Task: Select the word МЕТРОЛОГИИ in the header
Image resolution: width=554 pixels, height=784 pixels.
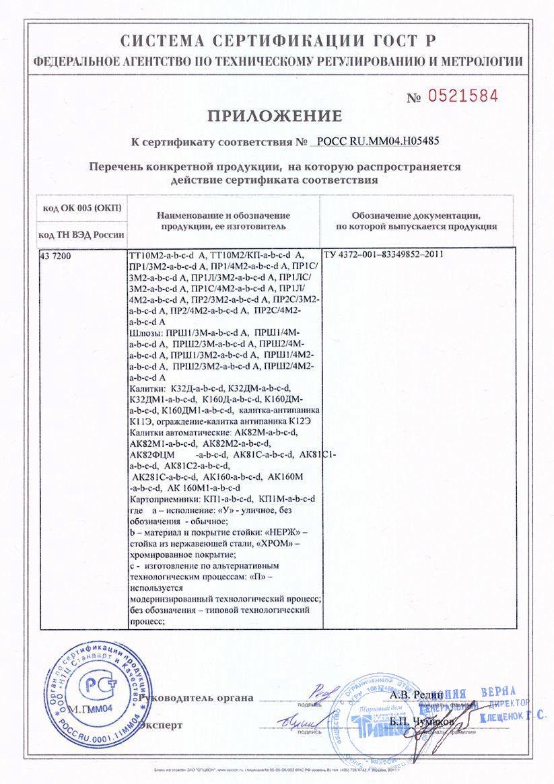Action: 479,61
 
